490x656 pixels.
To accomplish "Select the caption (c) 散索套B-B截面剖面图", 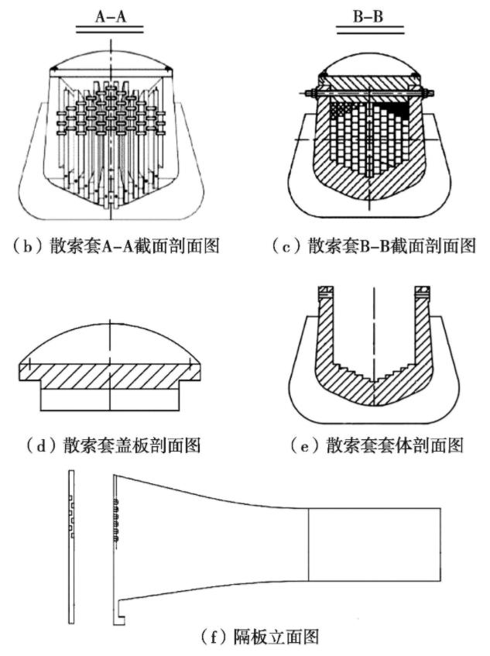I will [371, 246].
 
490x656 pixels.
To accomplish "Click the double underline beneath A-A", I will [109, 29].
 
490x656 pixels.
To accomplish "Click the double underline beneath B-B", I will [369, 29].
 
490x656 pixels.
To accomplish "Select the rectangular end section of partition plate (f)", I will [375, 542].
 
